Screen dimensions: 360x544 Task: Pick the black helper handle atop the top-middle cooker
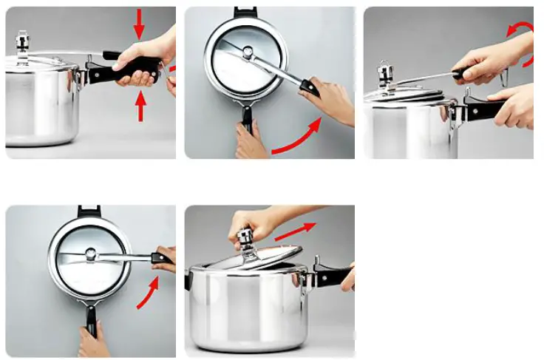pos(243,13)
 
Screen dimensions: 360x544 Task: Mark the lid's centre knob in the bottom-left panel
pos(90,255)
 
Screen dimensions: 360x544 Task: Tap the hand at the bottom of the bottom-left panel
pos(94,342)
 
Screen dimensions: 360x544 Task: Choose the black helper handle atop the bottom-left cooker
pos(88,212)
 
